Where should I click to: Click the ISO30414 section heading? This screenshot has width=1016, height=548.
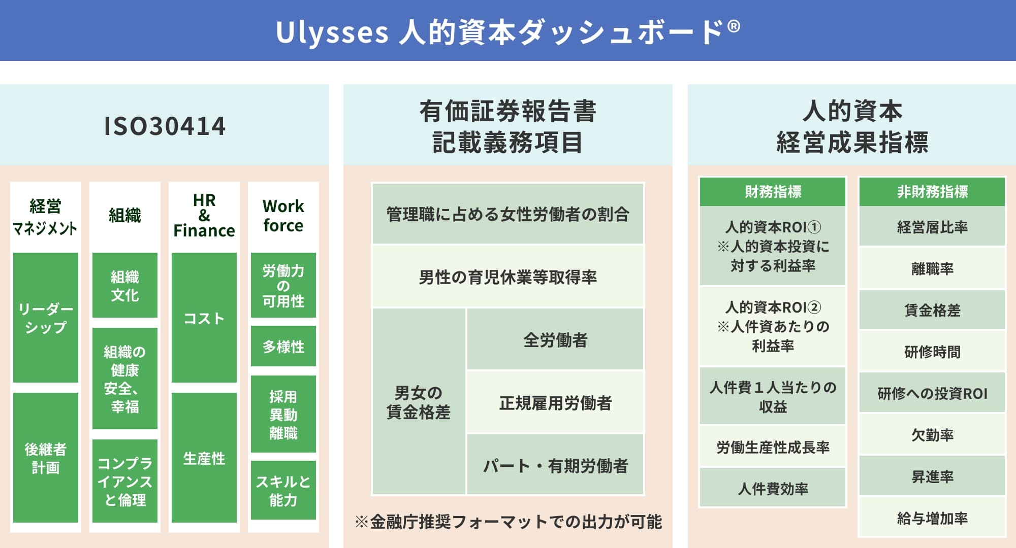click(x=165, y=126)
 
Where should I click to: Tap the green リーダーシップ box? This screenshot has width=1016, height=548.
click(x=46, y=318)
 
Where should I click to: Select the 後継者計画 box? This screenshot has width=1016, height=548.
click(x=46, y=458)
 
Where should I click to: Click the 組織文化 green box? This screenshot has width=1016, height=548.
click(x=125, y=286)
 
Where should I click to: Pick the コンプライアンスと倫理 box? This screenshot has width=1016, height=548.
click(x=125, y=481)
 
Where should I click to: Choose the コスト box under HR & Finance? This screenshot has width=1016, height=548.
click(x=204, y=318)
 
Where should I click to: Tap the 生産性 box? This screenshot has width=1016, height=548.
click(x=204, y=458)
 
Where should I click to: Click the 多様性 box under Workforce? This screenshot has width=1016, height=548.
click(x=283, y=347)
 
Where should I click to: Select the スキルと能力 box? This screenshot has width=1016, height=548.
click(x=283, y=490)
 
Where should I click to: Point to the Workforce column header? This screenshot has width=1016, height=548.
click(x=283, y=216)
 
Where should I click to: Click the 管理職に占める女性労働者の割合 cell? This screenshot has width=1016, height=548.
click(x=508, y=214)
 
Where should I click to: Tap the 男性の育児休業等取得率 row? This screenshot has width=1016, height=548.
click(x=508, y=277)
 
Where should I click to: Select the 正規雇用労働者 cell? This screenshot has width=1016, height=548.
click(x=555, y=402)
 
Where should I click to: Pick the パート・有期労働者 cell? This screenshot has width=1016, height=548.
click(x=555, y=465)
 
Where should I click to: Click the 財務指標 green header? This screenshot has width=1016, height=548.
click(x=773, y=192)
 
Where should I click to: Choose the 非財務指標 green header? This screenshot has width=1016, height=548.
click(x=932, y=192)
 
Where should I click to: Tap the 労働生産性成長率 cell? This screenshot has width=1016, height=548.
click(x=773, y=447)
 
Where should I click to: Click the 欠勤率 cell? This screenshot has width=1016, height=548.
click(x=932, y=435)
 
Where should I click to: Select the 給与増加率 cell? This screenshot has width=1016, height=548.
click(x=932, y=518)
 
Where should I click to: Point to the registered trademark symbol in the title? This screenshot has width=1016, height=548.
click(x=734, y=26)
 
